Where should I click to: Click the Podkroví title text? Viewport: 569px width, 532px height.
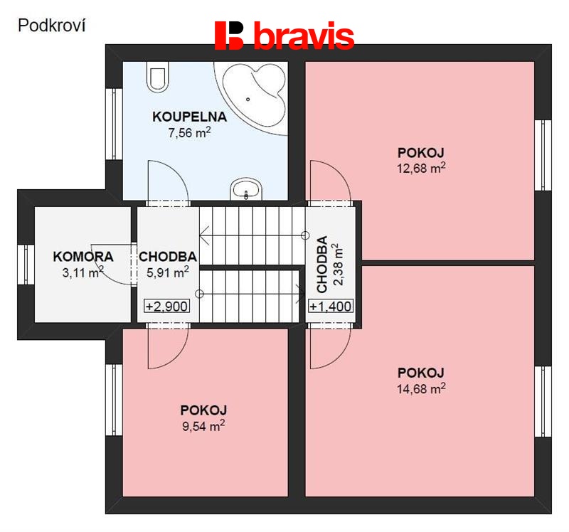pyautogui.click(x=51, y=26)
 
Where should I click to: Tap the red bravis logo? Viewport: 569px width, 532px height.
pyautogui.click(x=284, y=35)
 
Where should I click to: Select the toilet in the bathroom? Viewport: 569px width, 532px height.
pyautogui.click(x=158, y=76)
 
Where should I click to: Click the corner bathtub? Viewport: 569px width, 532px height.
pyautogui.click(x=253, y=95)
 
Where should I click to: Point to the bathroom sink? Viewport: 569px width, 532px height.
pyautogui.click(x=246, y=188)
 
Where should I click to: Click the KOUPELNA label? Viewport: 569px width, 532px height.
pyautogui.click(x=189, y=117)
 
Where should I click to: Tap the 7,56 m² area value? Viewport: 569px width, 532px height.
pyautogui.click(x=189, y=132)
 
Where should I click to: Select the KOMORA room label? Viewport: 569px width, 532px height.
pyautogui.click(x=83, y=257)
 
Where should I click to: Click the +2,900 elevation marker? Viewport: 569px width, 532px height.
pyautogui.click(x=167, y=307)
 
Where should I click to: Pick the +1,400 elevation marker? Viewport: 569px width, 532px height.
pyautogui.click(x=331, y=307)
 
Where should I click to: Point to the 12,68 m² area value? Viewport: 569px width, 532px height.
pyautogui.click(x=421, y=168)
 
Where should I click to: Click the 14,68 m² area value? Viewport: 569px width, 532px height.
pyautogui.click(x=421, y=388)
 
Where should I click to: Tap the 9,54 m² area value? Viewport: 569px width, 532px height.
pyautogui.click(x=203, y=426)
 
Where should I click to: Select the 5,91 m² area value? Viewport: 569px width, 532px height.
pyautogui.click(x=168, y=272)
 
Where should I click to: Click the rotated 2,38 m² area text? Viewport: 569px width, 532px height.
pyautogui.click(x=337, y=265)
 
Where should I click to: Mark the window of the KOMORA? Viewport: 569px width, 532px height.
pyautogui.click(x=26, y=265)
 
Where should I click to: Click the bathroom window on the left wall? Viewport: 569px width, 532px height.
pyautogui.click(x=115, y=124)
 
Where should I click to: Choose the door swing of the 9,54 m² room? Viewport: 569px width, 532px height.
pyautogui.click(x=168, y=347)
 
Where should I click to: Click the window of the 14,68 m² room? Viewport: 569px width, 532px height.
pyautogui.click(x=543, y=401)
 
